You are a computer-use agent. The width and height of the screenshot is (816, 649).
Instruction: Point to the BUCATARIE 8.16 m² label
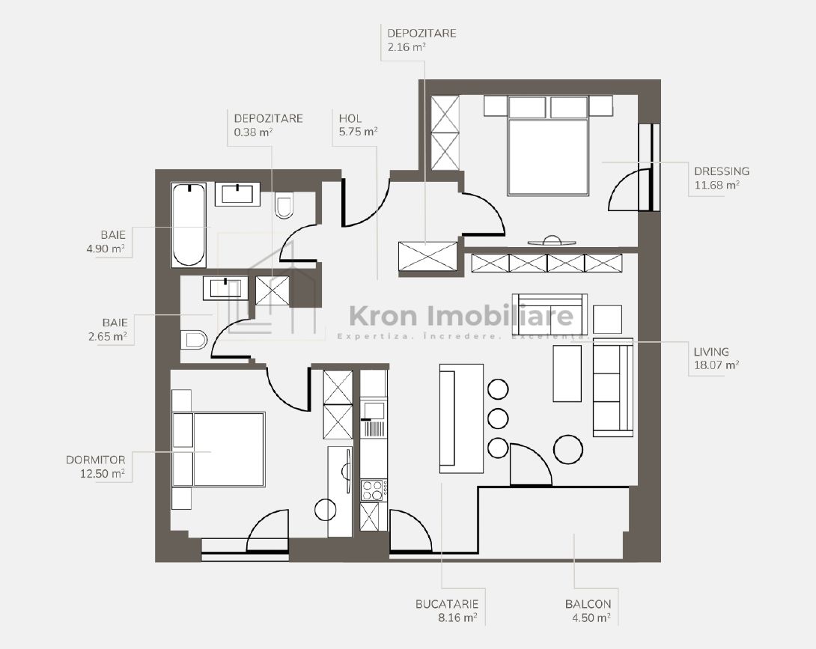[x=446, y=611]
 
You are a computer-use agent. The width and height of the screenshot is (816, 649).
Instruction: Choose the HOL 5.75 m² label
[x=357, y=124]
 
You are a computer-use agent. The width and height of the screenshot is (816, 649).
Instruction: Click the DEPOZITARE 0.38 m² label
[x=268, y=124]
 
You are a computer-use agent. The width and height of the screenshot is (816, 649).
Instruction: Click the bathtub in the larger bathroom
[x=189, y=225]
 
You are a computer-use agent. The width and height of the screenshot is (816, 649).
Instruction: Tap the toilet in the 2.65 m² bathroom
[x=194, y=341]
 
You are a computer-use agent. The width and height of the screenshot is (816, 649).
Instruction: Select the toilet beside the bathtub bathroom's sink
[x=284, y=206]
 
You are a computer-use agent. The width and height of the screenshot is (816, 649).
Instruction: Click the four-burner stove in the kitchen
[x=372, y=490]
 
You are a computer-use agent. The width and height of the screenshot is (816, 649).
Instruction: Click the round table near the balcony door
[x=568, y=448]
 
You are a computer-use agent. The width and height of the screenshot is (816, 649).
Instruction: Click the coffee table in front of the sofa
[x=567, y=373]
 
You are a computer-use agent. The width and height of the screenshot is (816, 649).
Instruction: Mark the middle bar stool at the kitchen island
[x=498, y=418]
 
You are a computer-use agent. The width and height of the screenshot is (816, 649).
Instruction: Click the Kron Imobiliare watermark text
[x=462, y=316]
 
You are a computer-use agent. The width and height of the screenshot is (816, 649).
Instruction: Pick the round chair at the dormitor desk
[x=326, y=509]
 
